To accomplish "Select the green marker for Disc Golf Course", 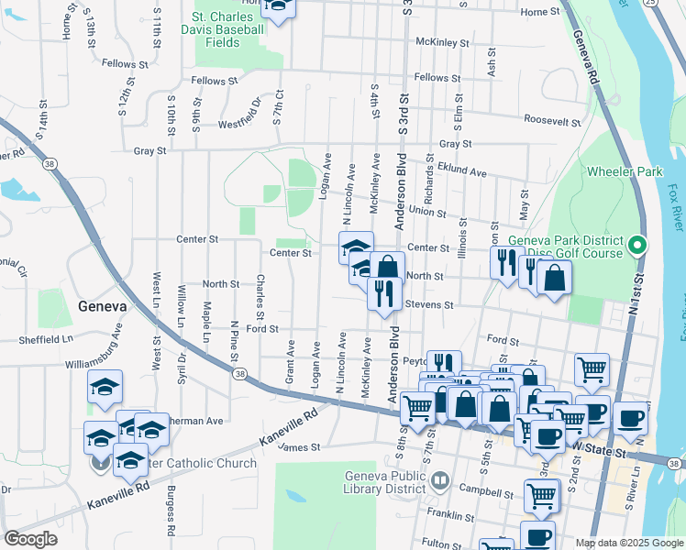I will (639, 246).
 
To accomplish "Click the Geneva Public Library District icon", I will (440, 481).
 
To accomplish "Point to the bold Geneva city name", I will (107, 306).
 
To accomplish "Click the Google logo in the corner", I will (30, 539).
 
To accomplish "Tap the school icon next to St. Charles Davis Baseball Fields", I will (278, 6).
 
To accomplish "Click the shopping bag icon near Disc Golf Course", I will (554, 276).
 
